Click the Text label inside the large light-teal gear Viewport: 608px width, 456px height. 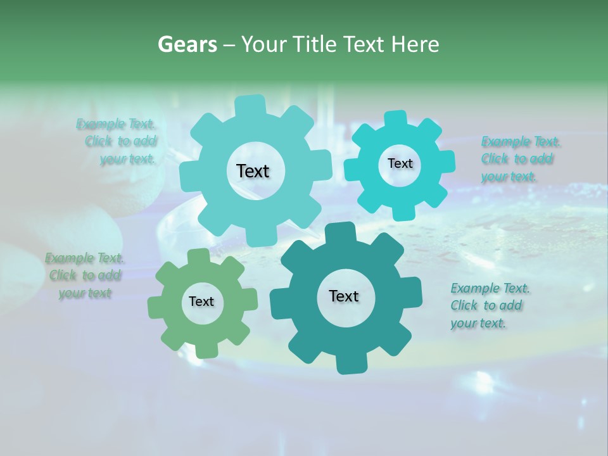[253, 171]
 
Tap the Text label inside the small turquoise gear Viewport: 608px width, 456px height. [400, 163]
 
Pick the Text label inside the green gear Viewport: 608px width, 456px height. [201, 301]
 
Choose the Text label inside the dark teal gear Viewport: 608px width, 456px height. [343, 296]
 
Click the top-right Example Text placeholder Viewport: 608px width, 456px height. [519, 158]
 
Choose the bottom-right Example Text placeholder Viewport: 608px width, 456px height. [489, 305]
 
